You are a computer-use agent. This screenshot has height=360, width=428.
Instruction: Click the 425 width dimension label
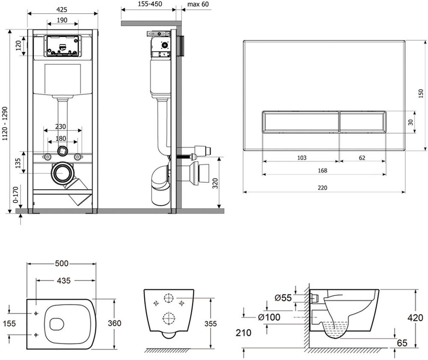(x=62, y=9)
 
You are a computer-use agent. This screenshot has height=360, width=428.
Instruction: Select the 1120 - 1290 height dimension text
(x=5, y=124)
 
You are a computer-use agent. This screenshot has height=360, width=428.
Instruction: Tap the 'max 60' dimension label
(x=198, y=4)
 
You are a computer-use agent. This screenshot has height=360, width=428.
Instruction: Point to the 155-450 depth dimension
(x=149, y=4)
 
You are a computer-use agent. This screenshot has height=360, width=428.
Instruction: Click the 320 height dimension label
(x=215, y=183)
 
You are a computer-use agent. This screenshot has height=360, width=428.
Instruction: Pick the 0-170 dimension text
(x=15, y=195)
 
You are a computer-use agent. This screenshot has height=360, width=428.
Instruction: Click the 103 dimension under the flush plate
(x=302, y=158)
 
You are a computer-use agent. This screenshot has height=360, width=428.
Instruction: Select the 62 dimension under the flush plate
(x=362, y=158)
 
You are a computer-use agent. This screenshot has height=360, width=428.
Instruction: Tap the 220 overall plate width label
(x=322, y=188)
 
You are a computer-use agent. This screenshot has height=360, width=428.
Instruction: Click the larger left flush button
(x=300, y=122)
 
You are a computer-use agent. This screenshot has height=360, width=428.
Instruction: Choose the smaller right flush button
(x=363, y=122)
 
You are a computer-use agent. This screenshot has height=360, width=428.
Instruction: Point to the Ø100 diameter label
(x=269, y=317)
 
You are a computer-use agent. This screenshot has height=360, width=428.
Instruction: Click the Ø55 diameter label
(x=283, y=298)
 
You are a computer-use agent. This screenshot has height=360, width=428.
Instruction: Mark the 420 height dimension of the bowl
(x=416, y=318)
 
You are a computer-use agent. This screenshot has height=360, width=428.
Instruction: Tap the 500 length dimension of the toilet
(x=62, y=264)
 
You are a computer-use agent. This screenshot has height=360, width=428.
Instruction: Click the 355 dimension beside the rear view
(x=211, y=324)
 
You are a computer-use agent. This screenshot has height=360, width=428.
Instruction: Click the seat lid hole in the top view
(x=56, y=324)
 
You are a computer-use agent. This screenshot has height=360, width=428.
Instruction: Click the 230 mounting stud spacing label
(x=60, y=127)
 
